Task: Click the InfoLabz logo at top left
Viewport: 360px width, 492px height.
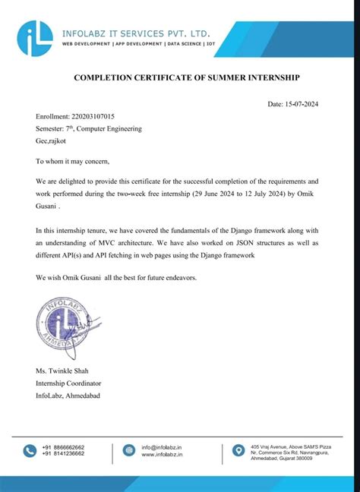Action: point(36,35)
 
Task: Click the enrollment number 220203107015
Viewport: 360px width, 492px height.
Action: point(93,117)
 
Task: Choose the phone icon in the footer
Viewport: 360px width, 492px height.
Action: point(30,451)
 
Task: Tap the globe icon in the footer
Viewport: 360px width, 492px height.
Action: point(126,451)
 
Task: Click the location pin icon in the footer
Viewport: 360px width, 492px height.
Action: point(238,450)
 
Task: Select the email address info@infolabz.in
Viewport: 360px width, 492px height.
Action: point(161,447)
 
